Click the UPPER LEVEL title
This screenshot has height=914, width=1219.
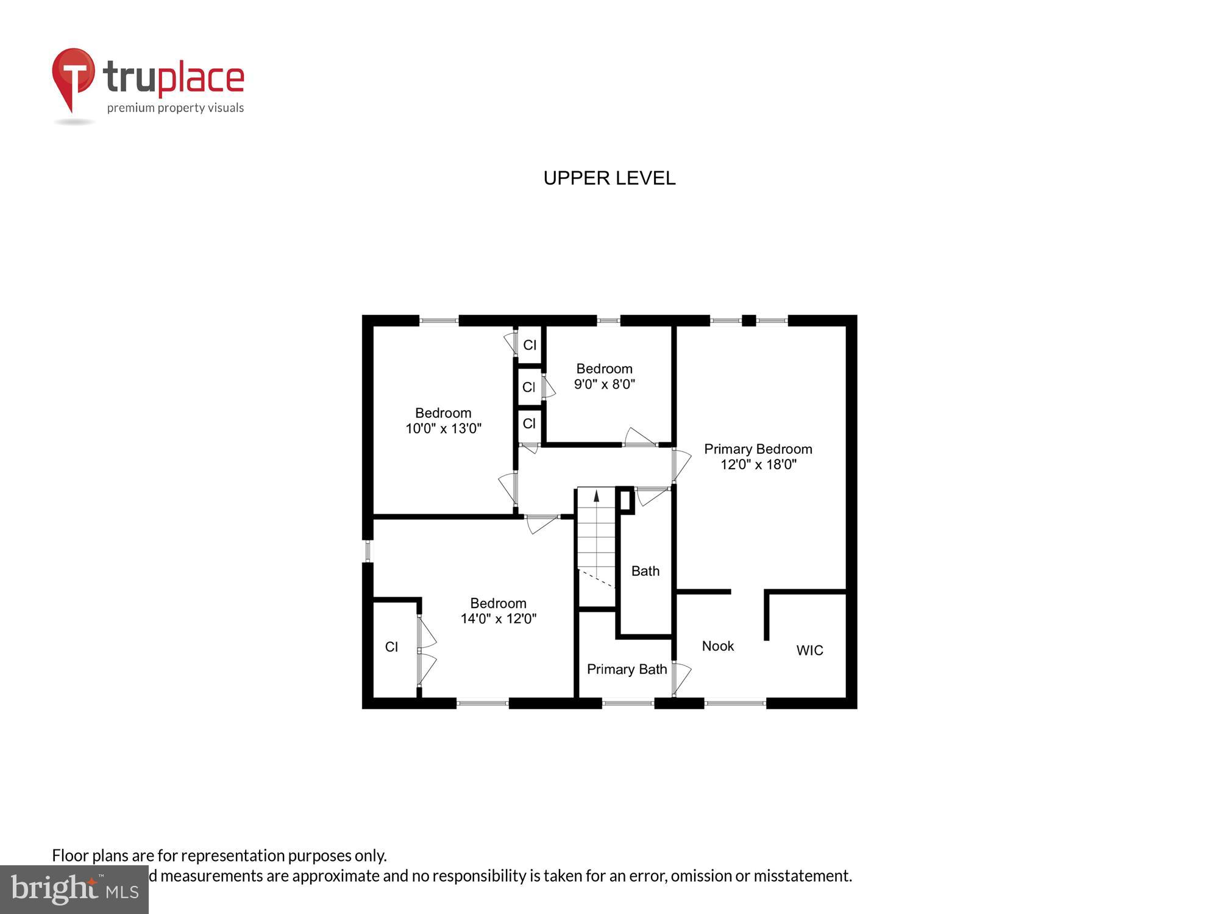click(x=609, y=178)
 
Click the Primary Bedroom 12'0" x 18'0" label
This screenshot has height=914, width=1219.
click(x=758, y=456)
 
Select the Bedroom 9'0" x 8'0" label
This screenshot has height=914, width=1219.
click(x=604, y=376)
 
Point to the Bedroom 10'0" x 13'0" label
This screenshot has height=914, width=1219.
click(x=443, y=420)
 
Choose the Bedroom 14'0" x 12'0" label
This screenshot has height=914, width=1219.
click(x=498, y=611)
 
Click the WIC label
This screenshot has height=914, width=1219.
click(x=809, y=650)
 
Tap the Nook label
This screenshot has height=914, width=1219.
click(x=717, y=646)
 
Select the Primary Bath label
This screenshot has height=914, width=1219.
click(x=627, y=669)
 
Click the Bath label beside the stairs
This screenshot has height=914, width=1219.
click(x=645, y=571)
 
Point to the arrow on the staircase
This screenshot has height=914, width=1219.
click(x=596, y=496)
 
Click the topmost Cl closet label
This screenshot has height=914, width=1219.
click(x=530, y=345)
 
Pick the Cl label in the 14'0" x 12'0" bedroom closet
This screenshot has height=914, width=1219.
click(x=391, y=647)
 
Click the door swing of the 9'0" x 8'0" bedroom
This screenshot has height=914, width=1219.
click(x=639, y=438)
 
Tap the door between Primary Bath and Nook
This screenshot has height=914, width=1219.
click(x=680, y=678)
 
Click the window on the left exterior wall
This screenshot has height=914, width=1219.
click(x=368, y=551)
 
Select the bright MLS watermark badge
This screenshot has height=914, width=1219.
click(x=74, y=890)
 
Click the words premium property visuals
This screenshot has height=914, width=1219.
click(x=176, y=108)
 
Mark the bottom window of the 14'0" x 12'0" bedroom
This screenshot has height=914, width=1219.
click(x=482, y=703)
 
